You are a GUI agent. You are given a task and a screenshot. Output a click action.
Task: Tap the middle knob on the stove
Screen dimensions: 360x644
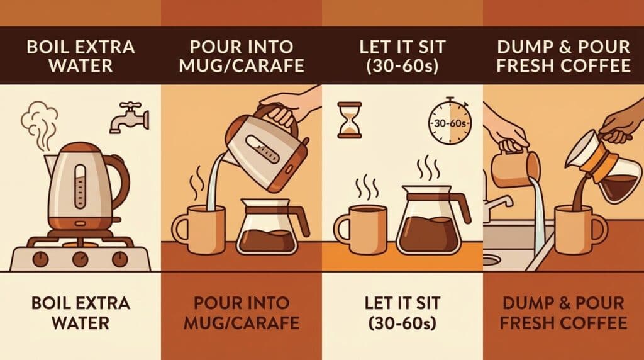click(x=80, y=258)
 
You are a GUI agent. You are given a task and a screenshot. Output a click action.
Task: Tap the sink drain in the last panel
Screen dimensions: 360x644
click(x=494, y=259)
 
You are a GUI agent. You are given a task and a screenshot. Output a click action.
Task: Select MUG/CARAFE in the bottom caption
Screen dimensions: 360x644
click(x=241, y=323)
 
